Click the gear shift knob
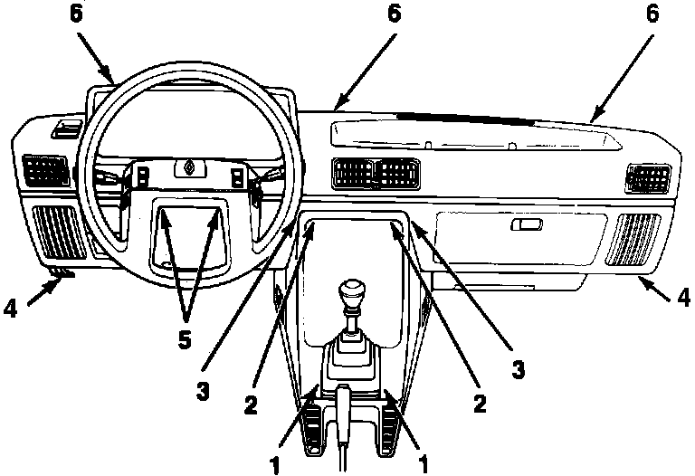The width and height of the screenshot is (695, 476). coord(350,294)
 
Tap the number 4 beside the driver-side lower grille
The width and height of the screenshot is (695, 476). coord(10,308)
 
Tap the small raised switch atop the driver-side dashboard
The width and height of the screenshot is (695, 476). coord(65,129)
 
